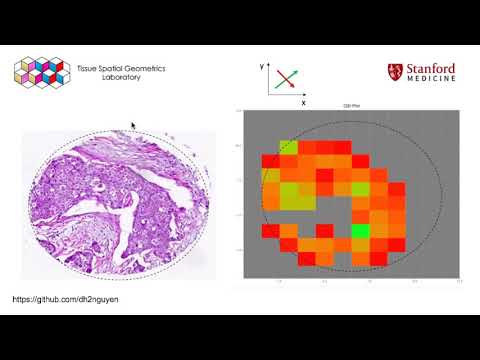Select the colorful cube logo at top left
40,72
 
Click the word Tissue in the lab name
89,68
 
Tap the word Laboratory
123,78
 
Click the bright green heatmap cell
360,231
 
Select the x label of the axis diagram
303,102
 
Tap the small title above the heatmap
349,106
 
